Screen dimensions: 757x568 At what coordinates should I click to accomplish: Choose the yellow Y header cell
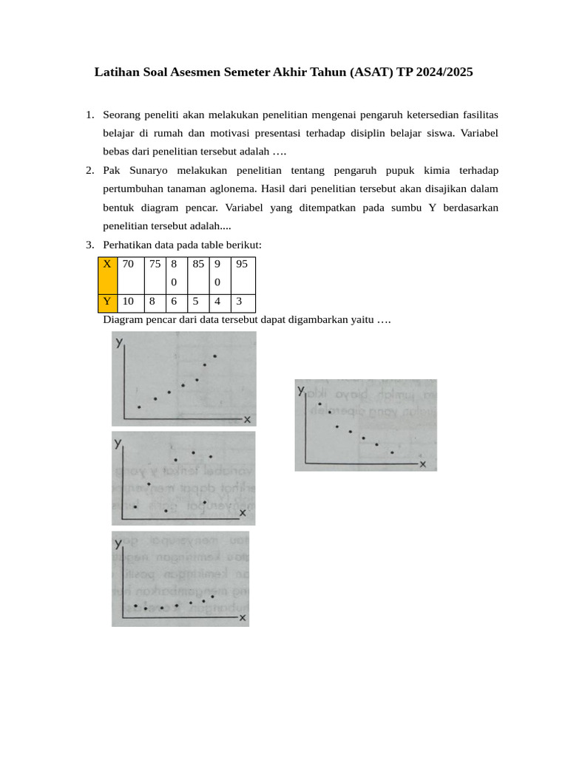tap(107, 302)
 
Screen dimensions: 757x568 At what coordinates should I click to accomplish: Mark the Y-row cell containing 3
tap(243, 302)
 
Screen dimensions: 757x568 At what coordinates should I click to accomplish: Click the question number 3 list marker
tap(89, 245)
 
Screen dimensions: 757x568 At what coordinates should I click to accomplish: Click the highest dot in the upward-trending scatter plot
tap(215, 356)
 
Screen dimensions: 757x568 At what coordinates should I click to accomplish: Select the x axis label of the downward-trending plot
tap(423, 464)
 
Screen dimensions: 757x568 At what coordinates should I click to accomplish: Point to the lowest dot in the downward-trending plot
tap(392, 452)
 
